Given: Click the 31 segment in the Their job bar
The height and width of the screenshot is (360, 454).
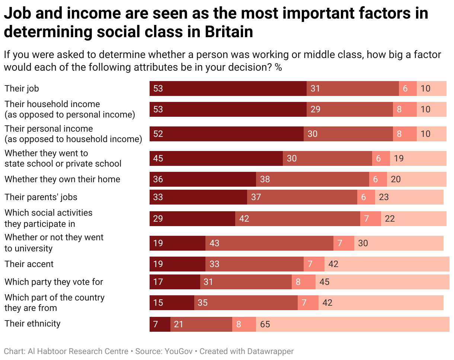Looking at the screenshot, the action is coord(352,89).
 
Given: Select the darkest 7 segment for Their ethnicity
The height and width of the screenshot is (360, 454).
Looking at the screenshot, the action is coord(160,324).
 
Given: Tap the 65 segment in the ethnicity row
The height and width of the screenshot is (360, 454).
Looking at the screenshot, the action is coord(352,324).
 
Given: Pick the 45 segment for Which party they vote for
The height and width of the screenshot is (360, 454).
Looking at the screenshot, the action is coord(382,282).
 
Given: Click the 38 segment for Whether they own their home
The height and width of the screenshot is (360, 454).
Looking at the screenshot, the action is coord(313,179).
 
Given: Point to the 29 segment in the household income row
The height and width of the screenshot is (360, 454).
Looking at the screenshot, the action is coord(349,109).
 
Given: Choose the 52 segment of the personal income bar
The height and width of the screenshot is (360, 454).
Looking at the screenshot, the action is coord(227,134).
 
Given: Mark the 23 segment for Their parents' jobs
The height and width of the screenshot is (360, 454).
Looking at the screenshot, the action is coord(409,197).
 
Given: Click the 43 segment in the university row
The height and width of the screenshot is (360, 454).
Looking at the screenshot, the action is coord(269,243).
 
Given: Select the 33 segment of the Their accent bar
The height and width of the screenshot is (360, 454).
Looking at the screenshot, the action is coord(254,264).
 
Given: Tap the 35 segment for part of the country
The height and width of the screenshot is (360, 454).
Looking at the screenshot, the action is coord(246,303).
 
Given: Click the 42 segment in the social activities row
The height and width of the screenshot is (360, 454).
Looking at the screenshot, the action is coord(297,219).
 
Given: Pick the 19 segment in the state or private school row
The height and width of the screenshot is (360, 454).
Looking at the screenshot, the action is coord(418,158).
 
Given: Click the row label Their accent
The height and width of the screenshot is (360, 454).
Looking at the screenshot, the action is coord(29,264).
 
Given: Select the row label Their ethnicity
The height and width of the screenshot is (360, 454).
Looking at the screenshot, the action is coord(32,324).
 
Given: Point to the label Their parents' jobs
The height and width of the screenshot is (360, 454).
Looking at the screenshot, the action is coord(41,197).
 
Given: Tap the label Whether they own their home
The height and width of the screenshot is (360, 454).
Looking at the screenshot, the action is coord(63,179).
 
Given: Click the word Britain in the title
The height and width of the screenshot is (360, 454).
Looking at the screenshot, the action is coord(229,32).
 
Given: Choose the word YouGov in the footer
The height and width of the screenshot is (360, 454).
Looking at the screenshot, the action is coord(179,351).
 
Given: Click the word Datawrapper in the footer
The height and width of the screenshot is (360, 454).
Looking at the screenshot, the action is coord(270,352).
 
